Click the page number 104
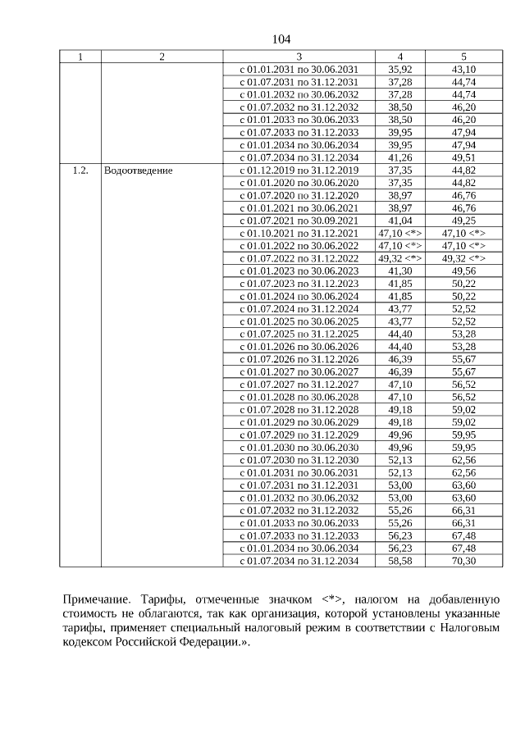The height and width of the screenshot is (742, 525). [281, 39]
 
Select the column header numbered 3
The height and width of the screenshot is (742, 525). [299, 57]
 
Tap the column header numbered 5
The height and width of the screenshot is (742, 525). [463, 57]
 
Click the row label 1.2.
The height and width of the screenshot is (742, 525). [80, 171]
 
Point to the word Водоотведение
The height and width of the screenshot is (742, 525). [138, 171]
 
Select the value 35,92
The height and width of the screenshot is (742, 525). [399, 70]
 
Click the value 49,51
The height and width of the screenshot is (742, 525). [463, 157]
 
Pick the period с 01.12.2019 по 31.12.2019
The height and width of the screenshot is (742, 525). [299, 171]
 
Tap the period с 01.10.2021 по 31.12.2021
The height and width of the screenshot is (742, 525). [299, 233]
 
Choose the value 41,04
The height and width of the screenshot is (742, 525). [399, 221]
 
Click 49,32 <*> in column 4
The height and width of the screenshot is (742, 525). [399, 258]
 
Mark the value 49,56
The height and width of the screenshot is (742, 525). [463, 271]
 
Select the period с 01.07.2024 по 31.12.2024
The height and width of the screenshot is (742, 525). [299, 308]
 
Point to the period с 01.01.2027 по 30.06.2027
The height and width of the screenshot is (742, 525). [299, 371]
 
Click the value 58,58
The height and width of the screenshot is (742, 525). [399, 560]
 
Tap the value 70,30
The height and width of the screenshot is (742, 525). [463, 560]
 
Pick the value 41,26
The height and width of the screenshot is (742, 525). [399, 157]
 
